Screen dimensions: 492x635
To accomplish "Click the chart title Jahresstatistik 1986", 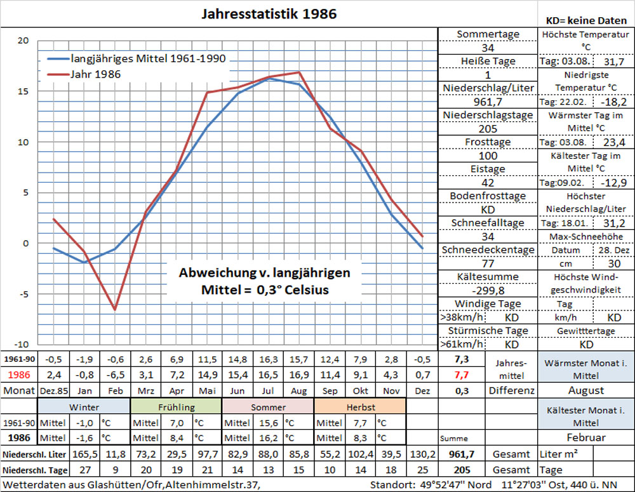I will pos(269,13).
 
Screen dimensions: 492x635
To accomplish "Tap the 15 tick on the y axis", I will pos(23,91).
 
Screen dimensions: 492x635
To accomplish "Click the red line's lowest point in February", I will pos(115,310).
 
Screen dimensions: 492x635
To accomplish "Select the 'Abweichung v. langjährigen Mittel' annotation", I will pos(264,281).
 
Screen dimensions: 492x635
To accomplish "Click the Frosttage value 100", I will pos(488,156).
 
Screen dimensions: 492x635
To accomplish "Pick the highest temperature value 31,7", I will pos(613,62).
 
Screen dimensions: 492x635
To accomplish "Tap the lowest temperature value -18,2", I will pos(613,102).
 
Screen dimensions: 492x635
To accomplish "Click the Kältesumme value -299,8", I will pos(488,290).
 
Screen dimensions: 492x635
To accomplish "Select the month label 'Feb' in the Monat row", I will pos(115,390).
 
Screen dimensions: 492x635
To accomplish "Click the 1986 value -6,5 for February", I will pos(115,375).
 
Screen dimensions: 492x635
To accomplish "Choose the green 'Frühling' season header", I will pos(176,407).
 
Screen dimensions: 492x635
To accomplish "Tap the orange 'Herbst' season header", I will pos(359,407).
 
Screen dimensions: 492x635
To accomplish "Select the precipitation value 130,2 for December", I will pos(422,455).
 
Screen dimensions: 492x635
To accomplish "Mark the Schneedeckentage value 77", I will pos(488,263).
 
